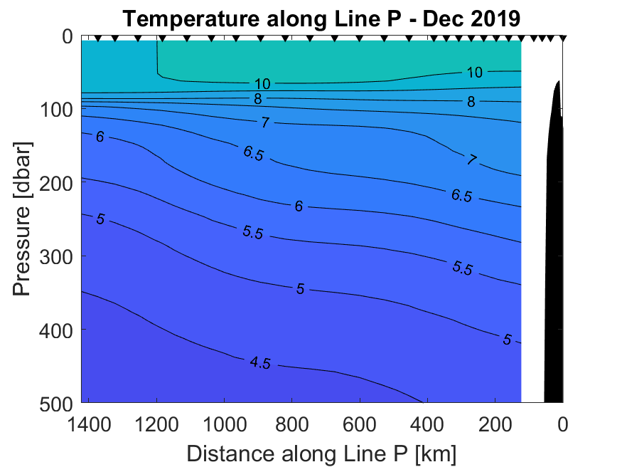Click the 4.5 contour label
260,362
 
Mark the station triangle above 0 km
563,38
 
